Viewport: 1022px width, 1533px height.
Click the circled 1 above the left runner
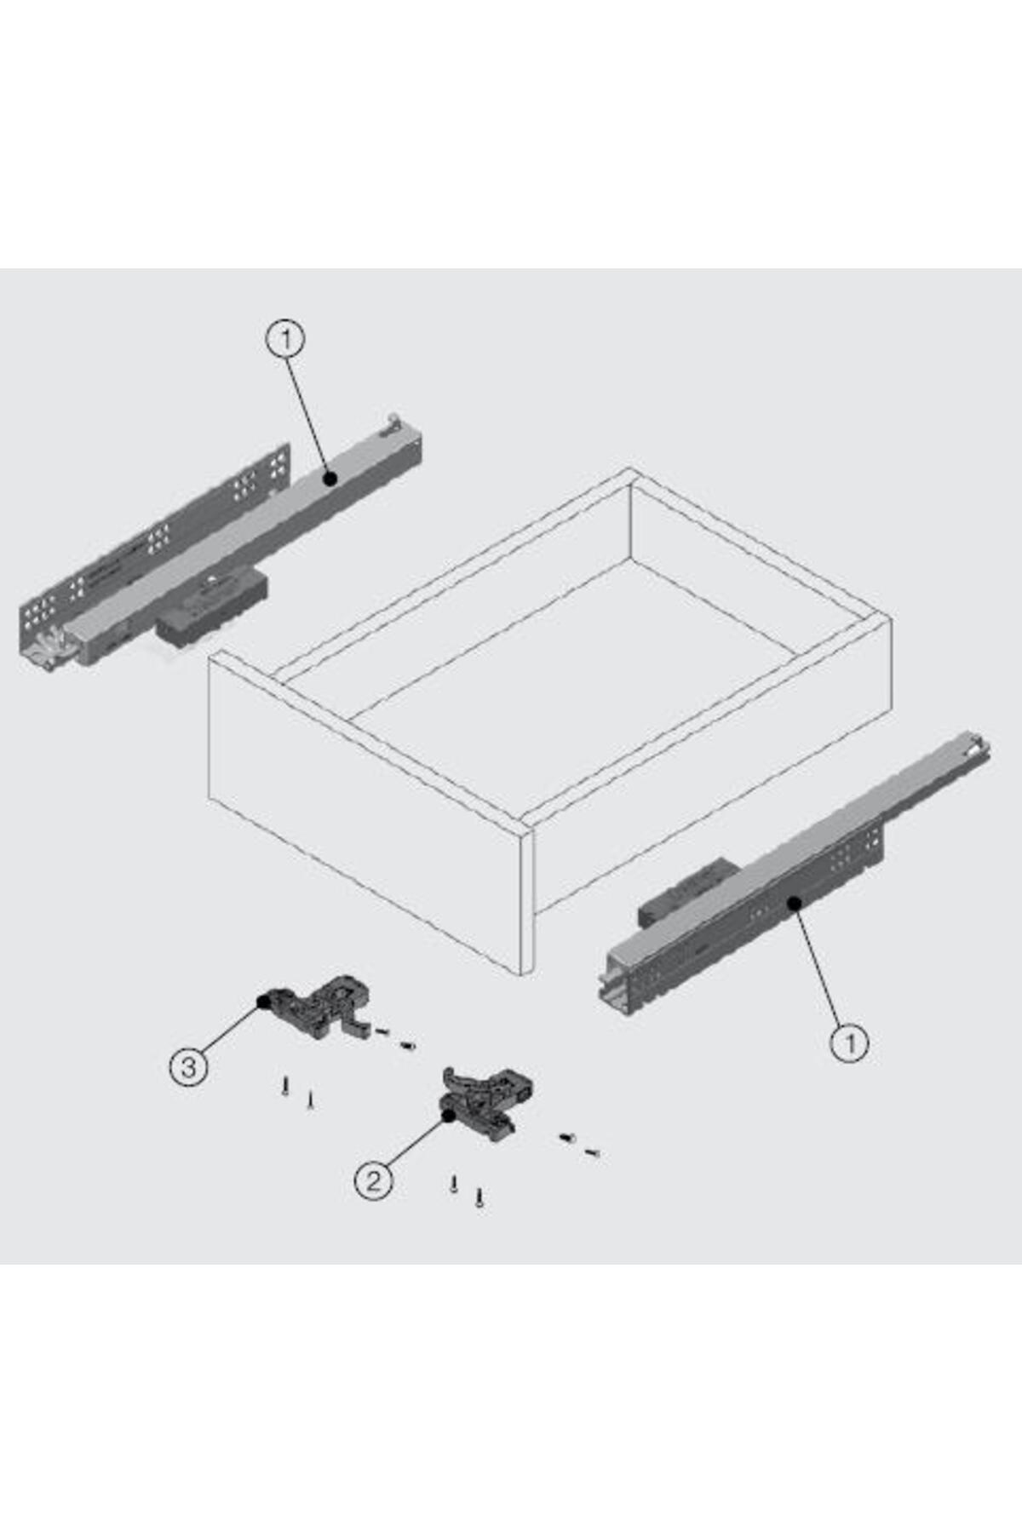click(285, 340)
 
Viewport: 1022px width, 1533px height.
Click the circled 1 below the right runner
click(849, 1042)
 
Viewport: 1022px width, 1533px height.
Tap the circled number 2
click(373, 1180)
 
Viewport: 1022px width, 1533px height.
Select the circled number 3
click(189, 1066)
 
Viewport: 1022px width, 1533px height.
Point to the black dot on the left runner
click(330, 479)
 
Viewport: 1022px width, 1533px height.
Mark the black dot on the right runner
click(794, 903)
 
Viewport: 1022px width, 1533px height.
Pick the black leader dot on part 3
click(263, 1002)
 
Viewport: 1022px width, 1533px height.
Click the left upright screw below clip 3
click(285, 1086)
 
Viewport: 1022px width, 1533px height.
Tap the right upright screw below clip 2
click(480, 1198)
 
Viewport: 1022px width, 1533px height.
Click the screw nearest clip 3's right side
click(382, 1032)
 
